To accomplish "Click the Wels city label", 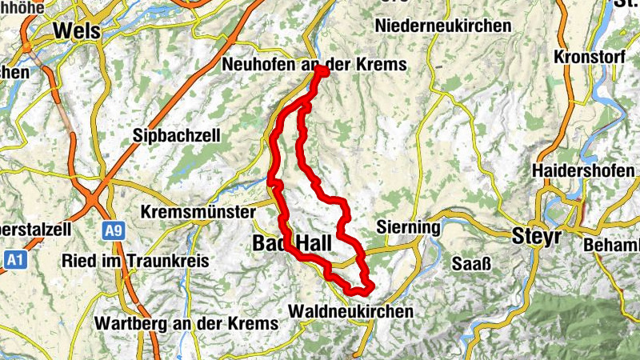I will [77, 30].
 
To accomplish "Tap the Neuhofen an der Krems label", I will [314, 64].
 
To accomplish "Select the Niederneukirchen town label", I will [442, 26].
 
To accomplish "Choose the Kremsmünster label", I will [196, 213].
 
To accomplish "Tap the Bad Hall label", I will [288, 242].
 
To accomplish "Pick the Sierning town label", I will [408, 227].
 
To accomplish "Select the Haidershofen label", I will [582, 171].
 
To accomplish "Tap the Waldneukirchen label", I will [352, 310].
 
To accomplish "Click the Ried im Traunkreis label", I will [135, 261].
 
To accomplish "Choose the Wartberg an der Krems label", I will [186, 323].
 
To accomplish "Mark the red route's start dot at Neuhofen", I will [322, 72].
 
